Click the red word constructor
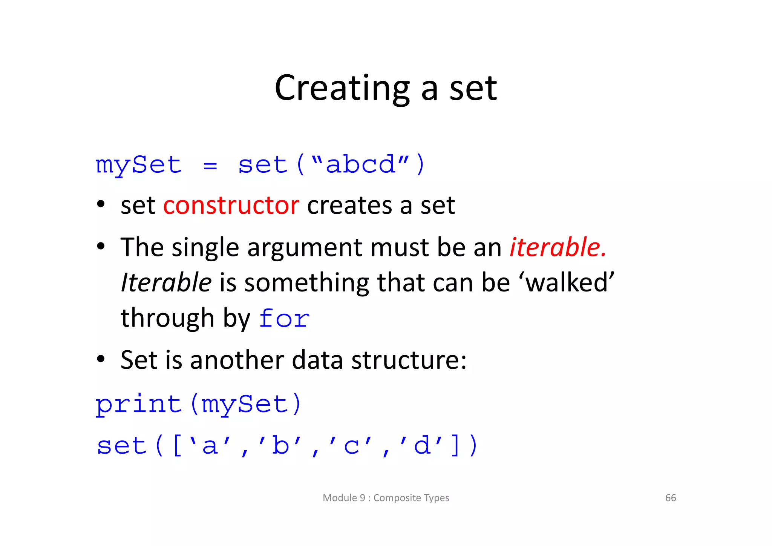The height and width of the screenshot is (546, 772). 231,206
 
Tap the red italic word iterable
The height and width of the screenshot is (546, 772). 558,247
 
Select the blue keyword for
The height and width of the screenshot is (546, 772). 285,319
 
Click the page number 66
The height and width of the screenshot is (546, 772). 670,498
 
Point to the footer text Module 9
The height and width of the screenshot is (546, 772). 344,498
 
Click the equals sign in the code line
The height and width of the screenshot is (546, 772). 210,166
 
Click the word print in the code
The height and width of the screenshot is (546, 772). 139,404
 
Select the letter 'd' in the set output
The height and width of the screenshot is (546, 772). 422,446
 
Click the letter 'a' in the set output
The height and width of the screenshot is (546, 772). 210,446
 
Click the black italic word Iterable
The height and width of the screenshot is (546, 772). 166,283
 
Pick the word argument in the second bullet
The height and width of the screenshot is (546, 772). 305,248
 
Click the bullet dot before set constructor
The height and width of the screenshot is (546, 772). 101,205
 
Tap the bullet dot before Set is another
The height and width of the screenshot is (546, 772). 101,359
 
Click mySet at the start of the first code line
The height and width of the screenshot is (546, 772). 139,166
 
